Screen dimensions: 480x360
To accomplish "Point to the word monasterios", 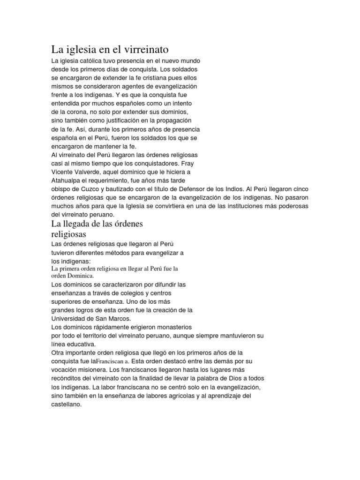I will pyautogui.click(x=171, y=327).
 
